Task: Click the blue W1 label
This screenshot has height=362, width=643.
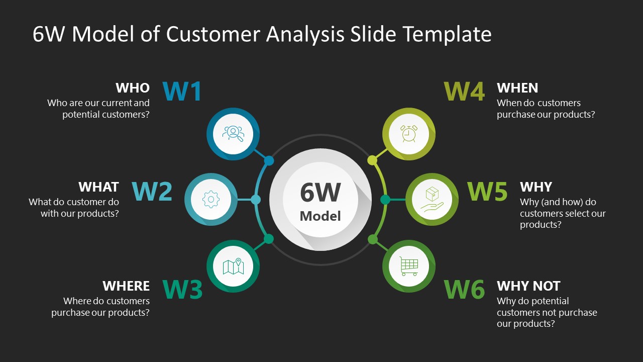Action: [x=182, y=92]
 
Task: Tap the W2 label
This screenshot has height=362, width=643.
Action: [x=152, y=192]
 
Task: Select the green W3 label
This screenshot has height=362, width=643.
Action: [x=183, y=290]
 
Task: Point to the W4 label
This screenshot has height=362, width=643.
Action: [x=464, y=92]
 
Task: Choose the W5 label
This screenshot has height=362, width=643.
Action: [x=487, y=192]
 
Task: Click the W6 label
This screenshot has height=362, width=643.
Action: [x=464, y=290]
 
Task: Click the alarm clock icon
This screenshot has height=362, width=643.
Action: [x=408, y=134]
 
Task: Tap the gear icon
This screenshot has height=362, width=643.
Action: [x=210, y=200]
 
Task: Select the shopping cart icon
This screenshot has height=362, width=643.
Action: [x=408, y=266]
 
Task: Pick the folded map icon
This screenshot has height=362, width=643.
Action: [x=233, y=266]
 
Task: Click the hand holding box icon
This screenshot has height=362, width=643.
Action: [x=432, y=200]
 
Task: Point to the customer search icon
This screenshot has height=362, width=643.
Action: [x=233, y=134]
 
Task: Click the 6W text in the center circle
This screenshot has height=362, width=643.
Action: [x=320, y=192]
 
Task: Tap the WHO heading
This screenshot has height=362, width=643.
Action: [x=133, y=88]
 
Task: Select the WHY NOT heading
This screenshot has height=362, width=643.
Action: [x=528, y=286]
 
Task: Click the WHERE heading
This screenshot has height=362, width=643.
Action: [x=126, y=286]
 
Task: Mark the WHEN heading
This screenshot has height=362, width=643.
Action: [x=517, y=88]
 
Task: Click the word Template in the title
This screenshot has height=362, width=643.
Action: [x=447, y=34]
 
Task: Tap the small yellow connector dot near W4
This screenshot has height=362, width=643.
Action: [x=372, y=160]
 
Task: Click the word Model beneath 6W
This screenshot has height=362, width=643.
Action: [x=320, y=216]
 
